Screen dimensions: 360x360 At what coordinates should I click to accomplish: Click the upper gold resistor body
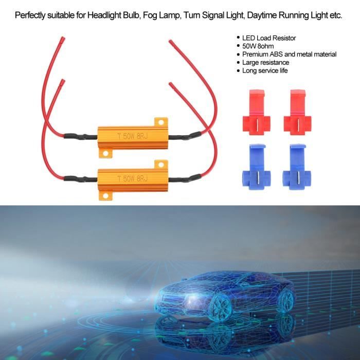[133, 137]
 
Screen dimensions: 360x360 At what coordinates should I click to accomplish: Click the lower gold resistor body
[133, 180]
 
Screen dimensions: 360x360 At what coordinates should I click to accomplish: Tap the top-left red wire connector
[257, 113]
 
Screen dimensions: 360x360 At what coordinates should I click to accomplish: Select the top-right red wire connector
[298, 113]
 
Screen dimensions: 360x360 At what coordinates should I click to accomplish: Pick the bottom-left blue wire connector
[257, 167]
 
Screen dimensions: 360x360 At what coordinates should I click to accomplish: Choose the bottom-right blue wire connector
[297, 167]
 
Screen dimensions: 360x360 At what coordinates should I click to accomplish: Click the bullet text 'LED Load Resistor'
[269, 38]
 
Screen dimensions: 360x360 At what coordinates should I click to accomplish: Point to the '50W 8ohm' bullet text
[258, 46]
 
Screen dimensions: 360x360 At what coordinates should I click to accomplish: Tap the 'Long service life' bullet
[265, 70]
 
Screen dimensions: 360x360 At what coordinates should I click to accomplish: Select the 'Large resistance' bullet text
[265, 62]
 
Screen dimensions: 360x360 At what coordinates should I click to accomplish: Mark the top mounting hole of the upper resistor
[161, 122]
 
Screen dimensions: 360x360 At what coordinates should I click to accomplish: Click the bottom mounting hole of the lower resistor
[105, 196]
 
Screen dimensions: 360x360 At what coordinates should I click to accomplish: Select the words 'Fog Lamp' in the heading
[160, 15]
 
